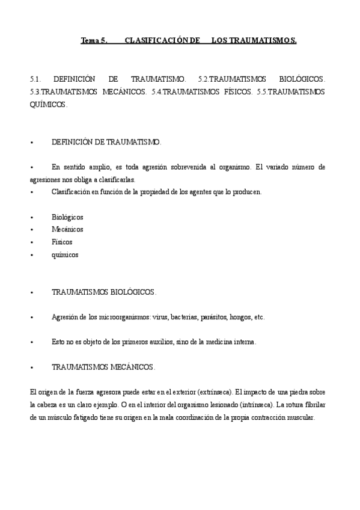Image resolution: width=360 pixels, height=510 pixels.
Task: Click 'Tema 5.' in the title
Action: pos(94,41)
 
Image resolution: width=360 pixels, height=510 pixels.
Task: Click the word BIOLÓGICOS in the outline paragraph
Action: pos(303,79)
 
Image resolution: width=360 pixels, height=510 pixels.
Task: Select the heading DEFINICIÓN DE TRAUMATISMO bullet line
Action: pos(106,142)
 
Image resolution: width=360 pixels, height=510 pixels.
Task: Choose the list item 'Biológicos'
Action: pos(67,217)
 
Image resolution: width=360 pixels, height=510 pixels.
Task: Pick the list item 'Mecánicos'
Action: pos(67,229)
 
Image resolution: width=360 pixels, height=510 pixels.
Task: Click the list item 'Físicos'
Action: pos(62,242)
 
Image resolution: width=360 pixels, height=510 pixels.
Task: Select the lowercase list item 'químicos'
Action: pos(65,254)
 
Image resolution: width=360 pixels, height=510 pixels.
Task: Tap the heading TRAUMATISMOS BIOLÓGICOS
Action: pos(103,292)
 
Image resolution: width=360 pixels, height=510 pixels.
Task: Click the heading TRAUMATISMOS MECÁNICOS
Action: pos(103,366)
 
